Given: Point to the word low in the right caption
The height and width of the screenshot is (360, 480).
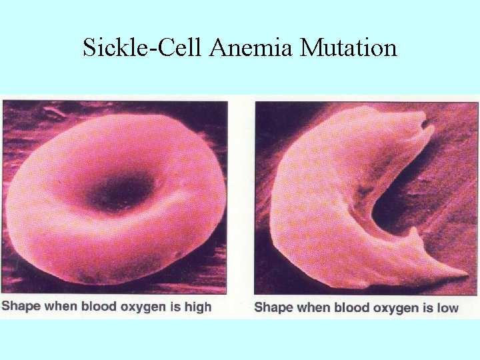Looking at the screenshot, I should [x=447, y=307].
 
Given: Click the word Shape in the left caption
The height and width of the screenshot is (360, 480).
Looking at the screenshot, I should [x=21, y=307].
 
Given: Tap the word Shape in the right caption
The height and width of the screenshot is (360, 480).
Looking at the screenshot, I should [x=273, y=307].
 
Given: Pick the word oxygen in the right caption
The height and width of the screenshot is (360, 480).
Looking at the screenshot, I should [x=393, y=307].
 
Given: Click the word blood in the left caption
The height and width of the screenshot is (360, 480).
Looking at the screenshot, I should [x=99, y=307].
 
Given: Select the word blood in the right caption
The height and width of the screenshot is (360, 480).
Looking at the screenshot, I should [x=351, y=307].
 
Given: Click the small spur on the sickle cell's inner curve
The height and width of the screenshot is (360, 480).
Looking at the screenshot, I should [x=415, y=233].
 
